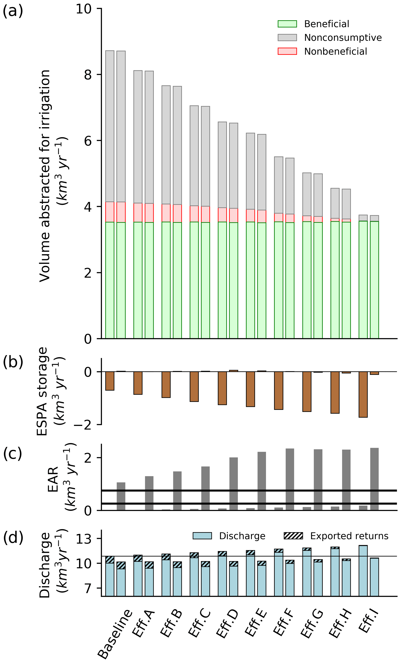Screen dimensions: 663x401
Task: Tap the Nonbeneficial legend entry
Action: coord(335,51)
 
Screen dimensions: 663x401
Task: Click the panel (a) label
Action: coord(13,11)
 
